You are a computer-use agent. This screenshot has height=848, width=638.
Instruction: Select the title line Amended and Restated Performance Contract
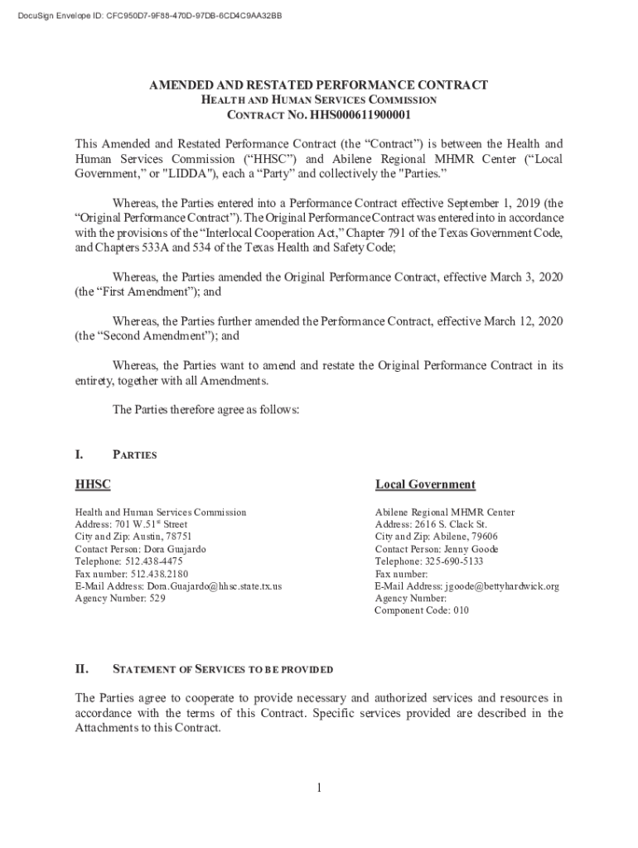[x=318, y=85]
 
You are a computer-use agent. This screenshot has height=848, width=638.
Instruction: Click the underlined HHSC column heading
[x=93, y=484]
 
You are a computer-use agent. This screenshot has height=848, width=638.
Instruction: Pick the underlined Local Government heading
[x=425, y=484]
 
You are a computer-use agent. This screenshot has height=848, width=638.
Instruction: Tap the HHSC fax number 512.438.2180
[x=159, y=574]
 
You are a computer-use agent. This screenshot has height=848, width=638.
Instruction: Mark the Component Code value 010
[x=461, y=611]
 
